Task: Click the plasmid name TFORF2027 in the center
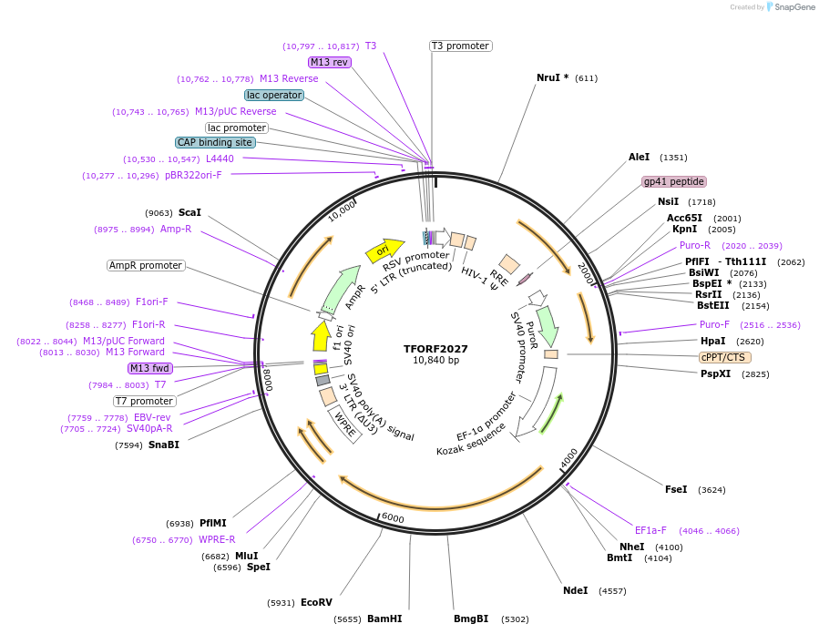point(435,349)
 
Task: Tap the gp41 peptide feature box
point(673,181)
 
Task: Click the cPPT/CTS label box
point(725,357)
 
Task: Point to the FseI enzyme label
point(676,489)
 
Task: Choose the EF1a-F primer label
point(650,530)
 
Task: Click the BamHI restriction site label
point(384,619)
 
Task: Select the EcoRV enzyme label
point(316,602)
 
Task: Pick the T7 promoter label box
point(144,401)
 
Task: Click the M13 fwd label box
point(149,368)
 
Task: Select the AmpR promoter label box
point(145,265)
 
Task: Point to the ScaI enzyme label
point(189,212)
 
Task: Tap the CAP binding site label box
point(215,142)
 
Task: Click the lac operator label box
point(273,95)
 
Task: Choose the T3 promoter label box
point(460,46)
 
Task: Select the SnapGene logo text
point(795,7)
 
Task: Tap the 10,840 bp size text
point(435,361)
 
